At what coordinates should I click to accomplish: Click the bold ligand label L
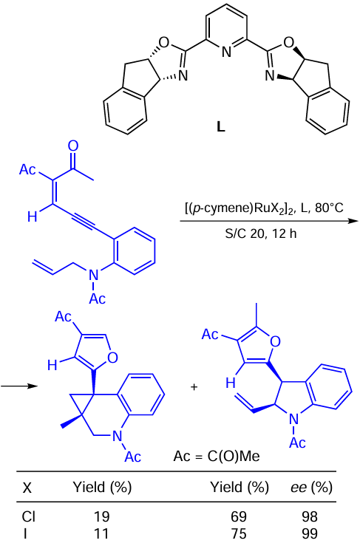[220, 127]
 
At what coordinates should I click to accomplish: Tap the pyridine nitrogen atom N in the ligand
[226, 52]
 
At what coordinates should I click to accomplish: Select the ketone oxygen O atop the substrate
[73, 146]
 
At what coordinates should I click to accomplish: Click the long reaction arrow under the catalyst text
[269, 221]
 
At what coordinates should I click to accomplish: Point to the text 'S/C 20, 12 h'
[260, 233]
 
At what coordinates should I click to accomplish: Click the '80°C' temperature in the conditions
[329, 208]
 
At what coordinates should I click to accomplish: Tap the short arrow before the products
[18, 386]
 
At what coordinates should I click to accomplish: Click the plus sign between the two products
[194, 386]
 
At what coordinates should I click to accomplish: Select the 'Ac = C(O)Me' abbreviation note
[217, 456]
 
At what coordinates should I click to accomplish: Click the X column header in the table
[27, 488]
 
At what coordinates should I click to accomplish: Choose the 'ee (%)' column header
[311, 488]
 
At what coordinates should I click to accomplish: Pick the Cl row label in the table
[29, 516]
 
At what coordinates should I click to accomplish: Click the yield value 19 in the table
[101, 516]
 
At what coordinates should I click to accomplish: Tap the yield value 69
[239, 516]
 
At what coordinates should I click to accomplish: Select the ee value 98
[310, 516]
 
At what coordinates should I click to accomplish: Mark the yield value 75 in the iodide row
[239, 534]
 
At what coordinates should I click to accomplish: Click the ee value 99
[310, 534]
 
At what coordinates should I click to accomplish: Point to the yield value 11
[101, 534]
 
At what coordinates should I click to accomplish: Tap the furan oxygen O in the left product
[112, 358]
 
